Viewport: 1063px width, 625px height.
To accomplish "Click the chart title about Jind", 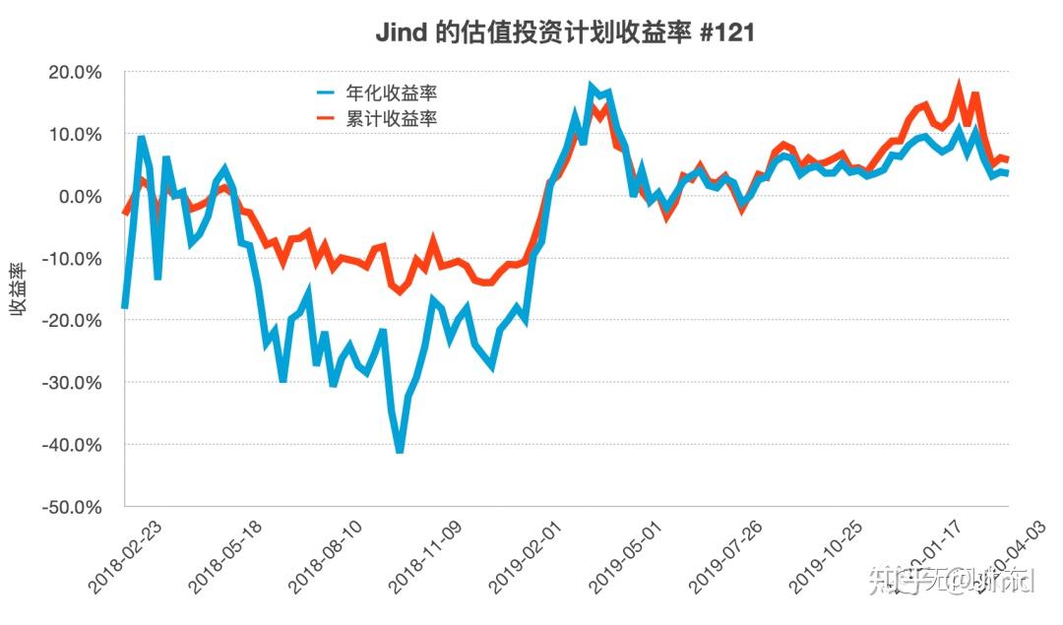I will click(x=565, y=32).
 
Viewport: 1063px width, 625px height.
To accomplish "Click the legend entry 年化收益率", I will click(x=391, y=94).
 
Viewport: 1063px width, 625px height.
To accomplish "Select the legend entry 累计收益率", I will click(x=391, y=119).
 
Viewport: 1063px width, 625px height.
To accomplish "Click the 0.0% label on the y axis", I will click(x=82, y=196).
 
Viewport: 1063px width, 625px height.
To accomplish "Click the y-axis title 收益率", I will click(x=19, y=290).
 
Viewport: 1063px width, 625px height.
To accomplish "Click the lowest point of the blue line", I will click(x=400, y=451).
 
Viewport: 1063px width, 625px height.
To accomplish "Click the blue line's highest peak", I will click(x=592, y=88).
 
